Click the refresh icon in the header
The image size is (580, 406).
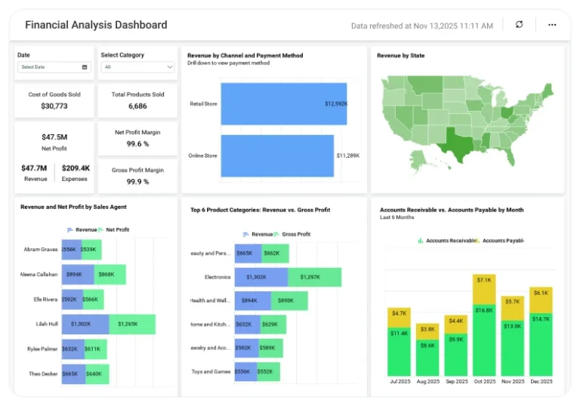519,25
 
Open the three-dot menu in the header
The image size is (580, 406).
552,25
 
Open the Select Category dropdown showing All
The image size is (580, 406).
138,67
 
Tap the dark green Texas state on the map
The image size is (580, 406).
456,140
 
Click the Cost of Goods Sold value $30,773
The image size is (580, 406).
54,106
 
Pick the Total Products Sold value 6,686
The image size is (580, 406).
137,106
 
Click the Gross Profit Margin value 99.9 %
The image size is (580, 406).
137,182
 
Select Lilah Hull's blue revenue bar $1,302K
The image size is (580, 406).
85,324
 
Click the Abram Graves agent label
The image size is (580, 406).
41,250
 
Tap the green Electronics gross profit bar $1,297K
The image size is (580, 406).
314,277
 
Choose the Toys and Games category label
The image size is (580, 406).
211,371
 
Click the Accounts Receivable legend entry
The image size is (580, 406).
446,241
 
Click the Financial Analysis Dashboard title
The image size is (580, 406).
96,25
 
